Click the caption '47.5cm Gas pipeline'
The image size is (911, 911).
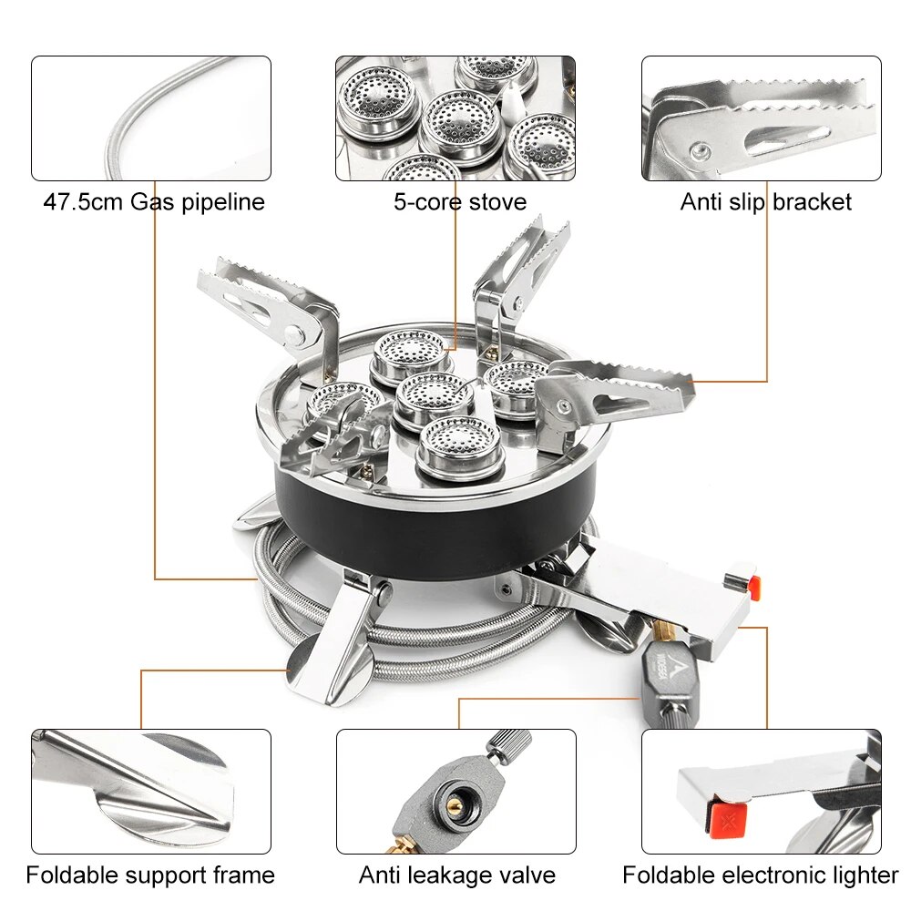pyautogui.click(x=154, y=201)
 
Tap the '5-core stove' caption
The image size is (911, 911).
pyautogui.click(x=460, y=201)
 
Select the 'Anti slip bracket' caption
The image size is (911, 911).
pyautogui.click(x=765, y=201)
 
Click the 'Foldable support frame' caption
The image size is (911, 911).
pyautogui.click(x=150, y=875)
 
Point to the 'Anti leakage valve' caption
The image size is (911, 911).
pyautogui.click(x=457, y=875)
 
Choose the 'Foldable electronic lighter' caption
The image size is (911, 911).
pyautogui.click(x=761, y=875)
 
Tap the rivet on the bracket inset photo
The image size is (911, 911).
pyautogui.click(x=700, y=149)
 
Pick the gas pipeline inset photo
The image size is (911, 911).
pyautogui.click(x=151, y=118)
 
